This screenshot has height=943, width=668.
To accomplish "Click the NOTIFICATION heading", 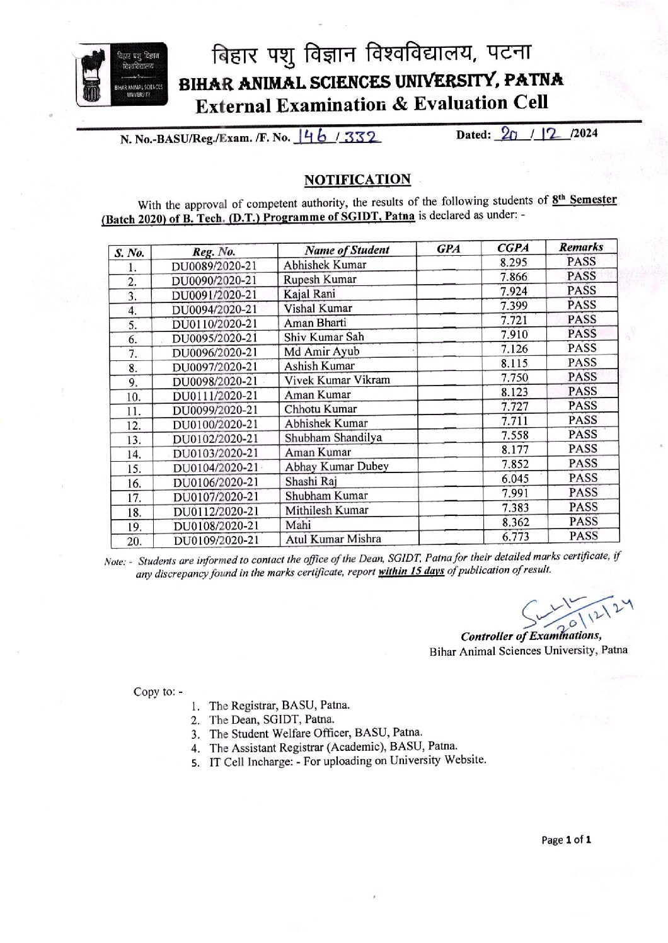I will click(x=357, y=180).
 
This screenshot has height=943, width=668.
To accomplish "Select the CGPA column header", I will click(x=513, y=248).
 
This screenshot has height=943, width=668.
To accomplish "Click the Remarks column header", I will click(x=581, y=247).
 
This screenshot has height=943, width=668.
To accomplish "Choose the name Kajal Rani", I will click(x=309, y=294).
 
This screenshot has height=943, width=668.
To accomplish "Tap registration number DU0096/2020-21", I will click(x=215, y=352).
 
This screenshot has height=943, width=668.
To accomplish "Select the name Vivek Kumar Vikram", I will click(x=337, y=380).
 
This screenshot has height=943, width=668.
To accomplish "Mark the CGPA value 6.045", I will click(x=515, y=479).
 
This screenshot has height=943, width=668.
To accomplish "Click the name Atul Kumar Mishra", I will click(x=333, y=539).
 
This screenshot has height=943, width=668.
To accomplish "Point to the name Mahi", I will click(x=297, y=525).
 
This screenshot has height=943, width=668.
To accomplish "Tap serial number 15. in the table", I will click(x=134, y=469).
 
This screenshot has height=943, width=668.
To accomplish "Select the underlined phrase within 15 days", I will click(x=412, y=571).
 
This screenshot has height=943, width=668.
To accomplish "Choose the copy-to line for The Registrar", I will click(x=279, y=706).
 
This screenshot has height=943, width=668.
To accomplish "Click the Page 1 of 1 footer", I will click(x=566, y=840).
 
